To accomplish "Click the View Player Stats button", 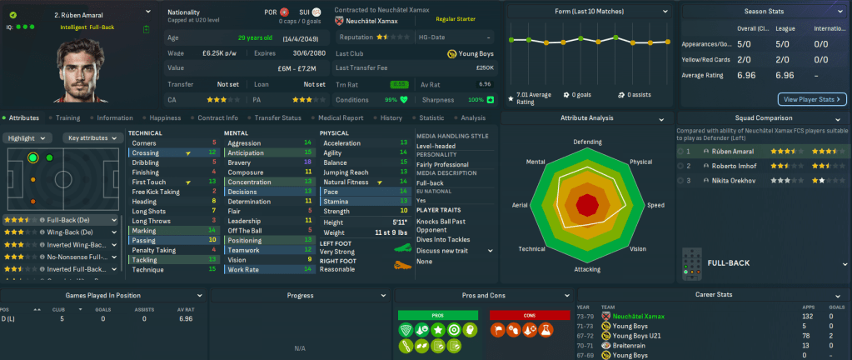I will pos(812,99).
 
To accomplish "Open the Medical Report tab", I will pos(341,118).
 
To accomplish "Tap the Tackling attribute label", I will pos(145,259).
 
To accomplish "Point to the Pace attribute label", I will pos(331,191).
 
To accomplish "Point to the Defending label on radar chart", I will pos(587,142).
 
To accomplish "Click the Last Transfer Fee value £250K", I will pos(484,67).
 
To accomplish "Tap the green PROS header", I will pos(437,314).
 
